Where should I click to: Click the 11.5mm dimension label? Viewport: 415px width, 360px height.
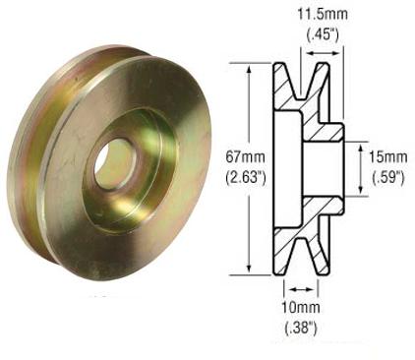(x=306, y=16)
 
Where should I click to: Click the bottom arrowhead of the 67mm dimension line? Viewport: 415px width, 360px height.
(x=262, y=268)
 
